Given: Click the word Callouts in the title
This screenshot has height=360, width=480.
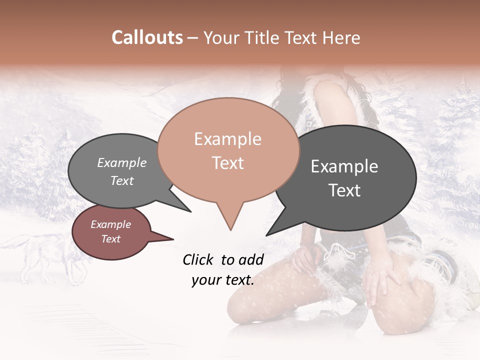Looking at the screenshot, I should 147,37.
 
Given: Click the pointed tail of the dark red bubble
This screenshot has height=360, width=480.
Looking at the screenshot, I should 172,239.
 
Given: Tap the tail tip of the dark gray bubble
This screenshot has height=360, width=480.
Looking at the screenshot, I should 267,234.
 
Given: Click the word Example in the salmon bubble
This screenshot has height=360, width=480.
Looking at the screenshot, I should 227,139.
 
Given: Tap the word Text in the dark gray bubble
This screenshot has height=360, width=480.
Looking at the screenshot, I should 345,190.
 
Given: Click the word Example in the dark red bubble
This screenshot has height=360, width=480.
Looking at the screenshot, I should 110,224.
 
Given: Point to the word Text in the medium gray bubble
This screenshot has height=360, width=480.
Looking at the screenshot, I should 121,180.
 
